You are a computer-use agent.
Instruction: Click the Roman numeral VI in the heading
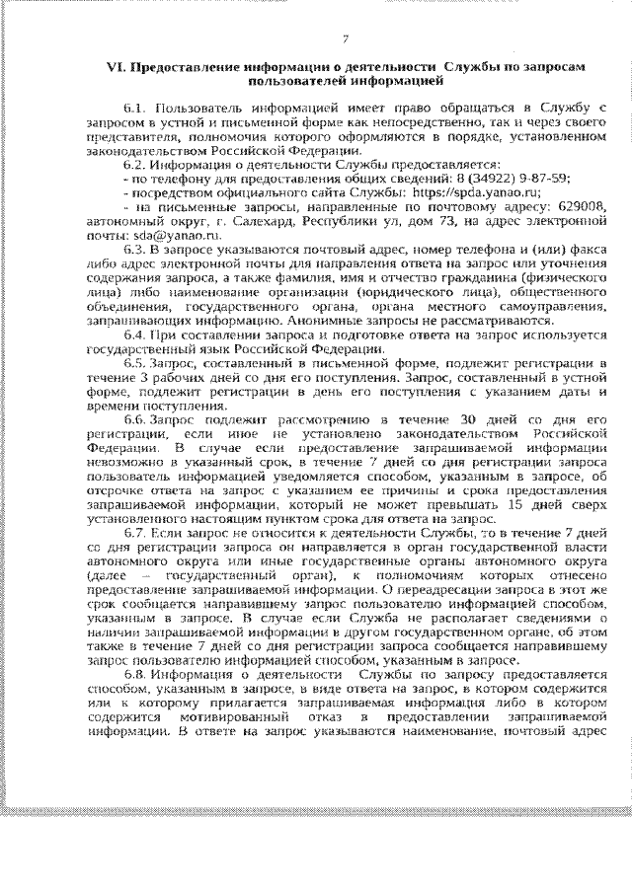click(x=116, y=64)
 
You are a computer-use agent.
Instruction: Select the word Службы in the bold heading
click(x=475, y=64)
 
